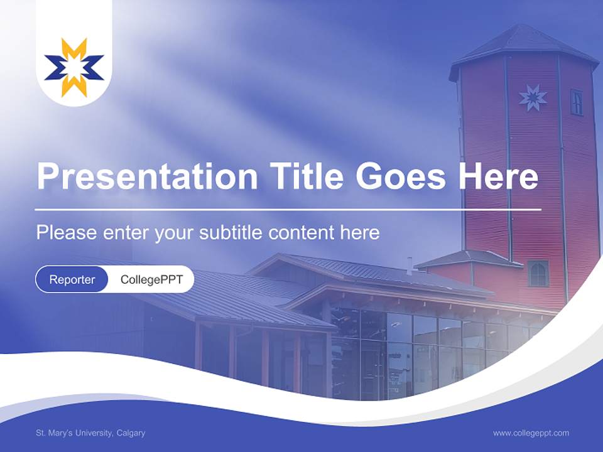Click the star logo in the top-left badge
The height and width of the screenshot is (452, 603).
point(74,67)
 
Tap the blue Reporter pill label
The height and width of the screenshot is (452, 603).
point(72,279)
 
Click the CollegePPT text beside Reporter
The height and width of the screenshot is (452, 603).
point(151,279)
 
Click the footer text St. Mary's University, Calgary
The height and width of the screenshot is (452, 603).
point(90,433)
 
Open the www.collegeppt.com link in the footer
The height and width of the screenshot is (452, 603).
point(531,433)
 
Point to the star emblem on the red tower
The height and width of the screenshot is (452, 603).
point(533,97)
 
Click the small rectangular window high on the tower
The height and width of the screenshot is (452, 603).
point(576,102)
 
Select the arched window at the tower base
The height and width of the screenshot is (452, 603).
point(538,274)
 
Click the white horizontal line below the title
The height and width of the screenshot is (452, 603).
point(288,209)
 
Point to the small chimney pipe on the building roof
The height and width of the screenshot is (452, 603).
point(410,265)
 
